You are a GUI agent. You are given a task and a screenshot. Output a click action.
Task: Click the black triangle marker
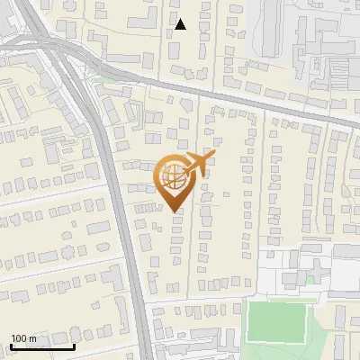click(181, 24)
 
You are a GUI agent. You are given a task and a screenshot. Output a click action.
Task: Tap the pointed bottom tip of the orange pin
click(175, 211)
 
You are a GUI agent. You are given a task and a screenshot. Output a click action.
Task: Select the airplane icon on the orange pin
click(197, 166)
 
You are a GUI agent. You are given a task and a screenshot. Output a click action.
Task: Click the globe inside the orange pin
click(173, 177)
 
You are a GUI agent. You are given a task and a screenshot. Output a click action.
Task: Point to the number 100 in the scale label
click(19, 338)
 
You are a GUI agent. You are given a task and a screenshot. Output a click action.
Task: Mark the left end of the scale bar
click(10, 346)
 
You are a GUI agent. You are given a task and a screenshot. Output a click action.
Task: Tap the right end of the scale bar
click(75, 346)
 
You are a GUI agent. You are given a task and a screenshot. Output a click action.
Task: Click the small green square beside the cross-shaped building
click(310, 279)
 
